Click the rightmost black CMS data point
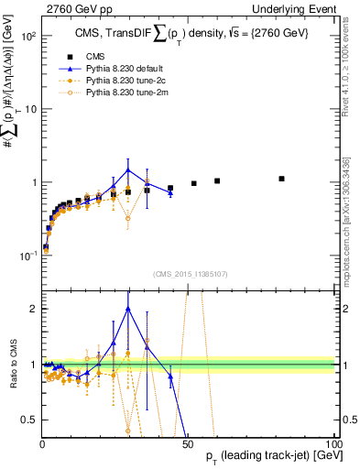click(282, 179)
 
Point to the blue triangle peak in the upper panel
click(128, 169)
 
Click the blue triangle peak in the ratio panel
click(128, 308)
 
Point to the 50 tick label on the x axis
click(188, 444)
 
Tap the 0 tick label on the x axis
click(43, 444)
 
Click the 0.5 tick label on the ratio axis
click(30, 420)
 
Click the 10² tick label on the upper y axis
click(27, 37)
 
